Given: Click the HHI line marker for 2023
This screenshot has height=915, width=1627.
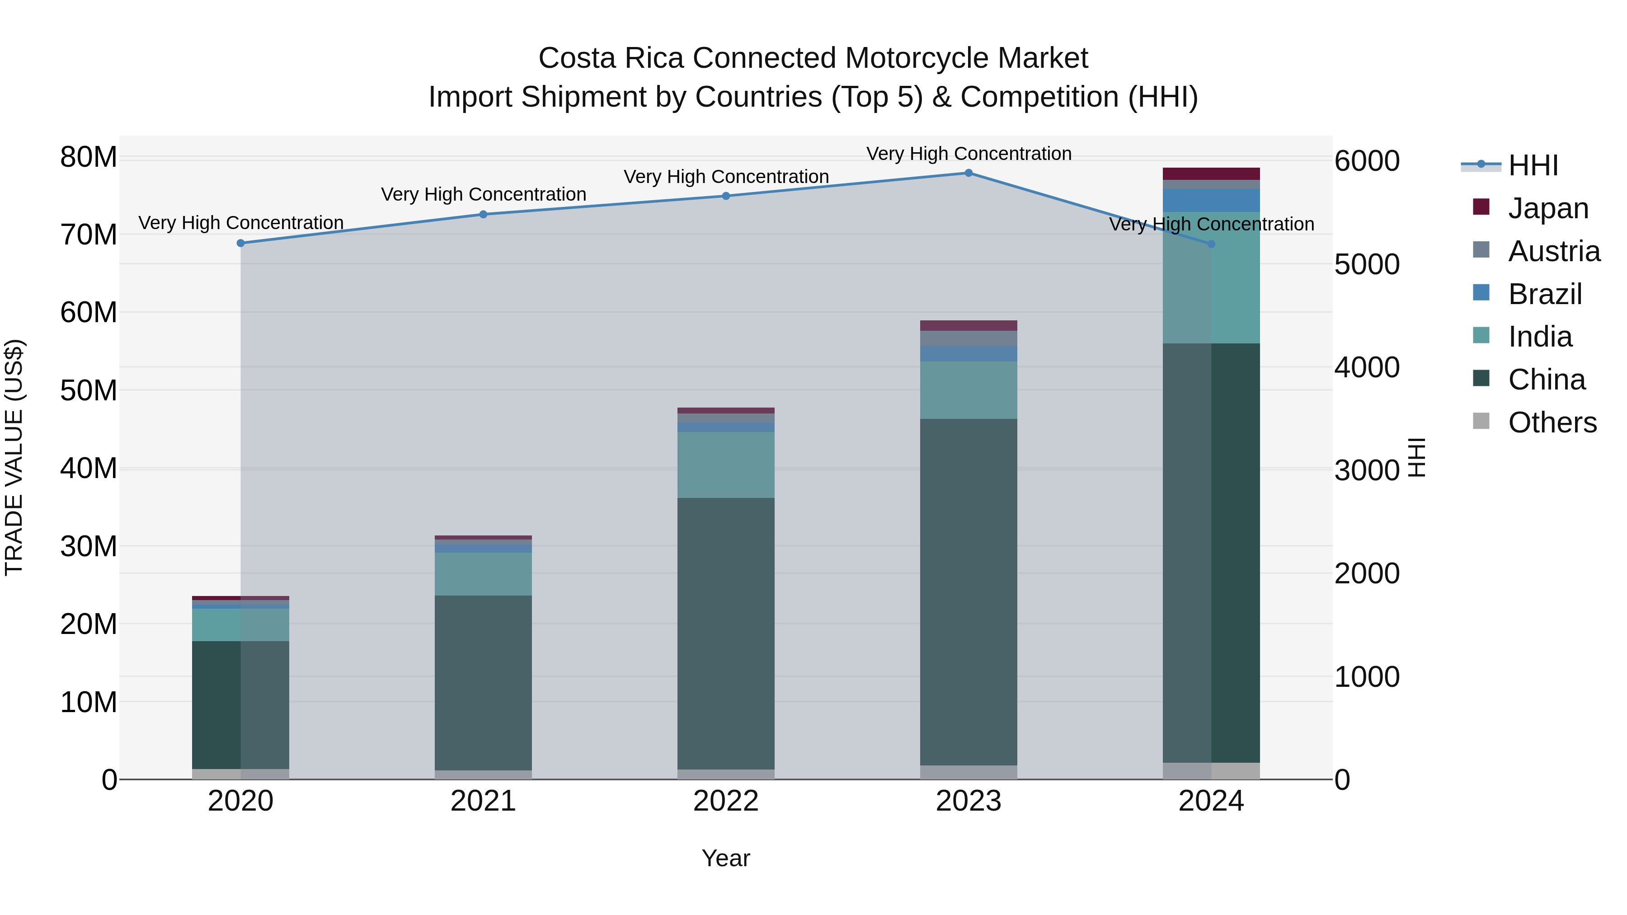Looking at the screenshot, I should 968,173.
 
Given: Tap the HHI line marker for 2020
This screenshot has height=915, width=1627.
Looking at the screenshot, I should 240,243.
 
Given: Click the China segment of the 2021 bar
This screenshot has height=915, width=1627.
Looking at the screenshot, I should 483,682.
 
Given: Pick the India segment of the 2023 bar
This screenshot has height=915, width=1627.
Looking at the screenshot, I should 968,390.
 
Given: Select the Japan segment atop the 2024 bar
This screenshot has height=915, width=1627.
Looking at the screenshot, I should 1211,174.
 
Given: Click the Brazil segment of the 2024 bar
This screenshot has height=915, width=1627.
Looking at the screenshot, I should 1211,201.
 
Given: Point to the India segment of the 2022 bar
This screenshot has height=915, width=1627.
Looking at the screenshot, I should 726,465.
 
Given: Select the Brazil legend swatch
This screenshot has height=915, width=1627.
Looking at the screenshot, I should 1481,293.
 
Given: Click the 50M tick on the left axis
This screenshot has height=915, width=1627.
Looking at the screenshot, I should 89,391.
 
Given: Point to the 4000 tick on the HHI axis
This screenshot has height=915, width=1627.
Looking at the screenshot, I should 1366,367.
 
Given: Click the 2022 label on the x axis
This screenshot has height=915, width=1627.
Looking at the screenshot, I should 726,801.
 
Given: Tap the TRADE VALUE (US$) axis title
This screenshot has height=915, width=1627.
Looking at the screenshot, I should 14,457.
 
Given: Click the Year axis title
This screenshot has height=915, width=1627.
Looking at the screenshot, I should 726,858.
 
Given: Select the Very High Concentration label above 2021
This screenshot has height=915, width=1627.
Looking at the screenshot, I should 483,194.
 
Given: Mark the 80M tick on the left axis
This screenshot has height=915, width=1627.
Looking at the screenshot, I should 89,157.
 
